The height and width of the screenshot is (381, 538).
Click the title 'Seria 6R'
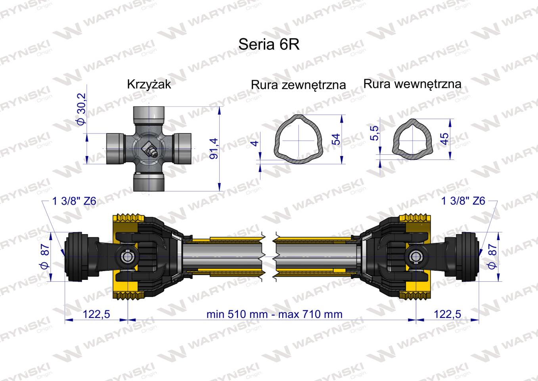tap(268, 44)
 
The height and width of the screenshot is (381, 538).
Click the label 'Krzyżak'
tap(149, 84)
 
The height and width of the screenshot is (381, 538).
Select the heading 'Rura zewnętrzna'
tap(298, 85)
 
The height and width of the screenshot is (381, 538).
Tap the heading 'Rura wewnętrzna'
tap(412, 84)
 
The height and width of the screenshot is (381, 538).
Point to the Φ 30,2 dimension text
tap(81, 109)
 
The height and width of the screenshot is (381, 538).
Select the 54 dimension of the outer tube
tap(336, 139)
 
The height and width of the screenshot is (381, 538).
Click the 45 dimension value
tap(445, 139)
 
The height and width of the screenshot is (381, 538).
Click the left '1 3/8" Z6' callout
tap(74, 201)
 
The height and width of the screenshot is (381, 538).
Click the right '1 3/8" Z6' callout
tap(463, 201)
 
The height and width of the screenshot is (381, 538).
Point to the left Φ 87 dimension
tap(45, 256)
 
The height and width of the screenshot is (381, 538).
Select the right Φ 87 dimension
tap(492, 256)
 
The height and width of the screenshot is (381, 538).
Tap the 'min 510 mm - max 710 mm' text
tap(274, 314)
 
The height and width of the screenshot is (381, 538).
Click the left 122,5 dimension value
tap(96, 314)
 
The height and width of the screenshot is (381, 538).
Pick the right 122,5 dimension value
tap(448, 314)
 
